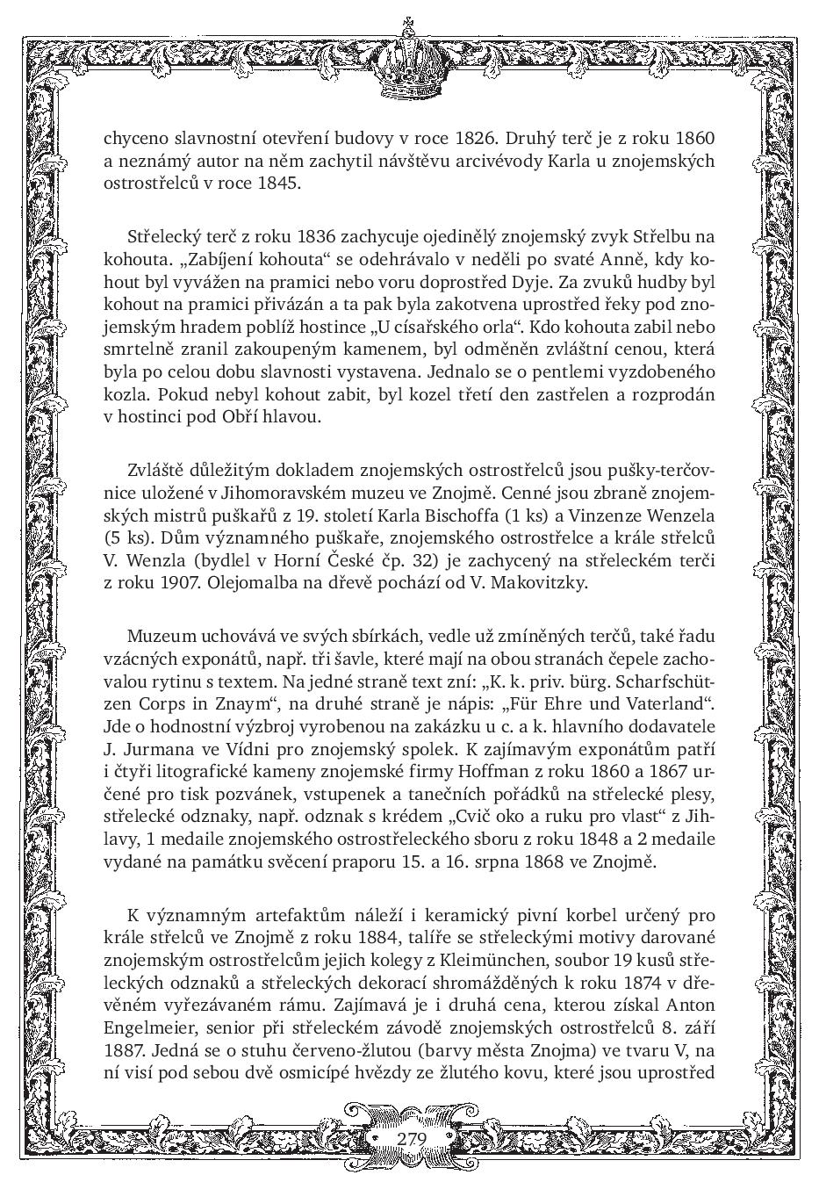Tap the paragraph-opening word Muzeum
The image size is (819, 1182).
159,635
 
